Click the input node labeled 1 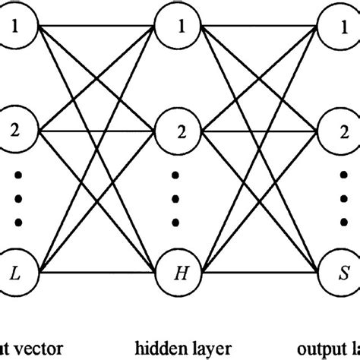[17, 28]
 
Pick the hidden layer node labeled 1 [179, 28]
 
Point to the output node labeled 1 [343, 28]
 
